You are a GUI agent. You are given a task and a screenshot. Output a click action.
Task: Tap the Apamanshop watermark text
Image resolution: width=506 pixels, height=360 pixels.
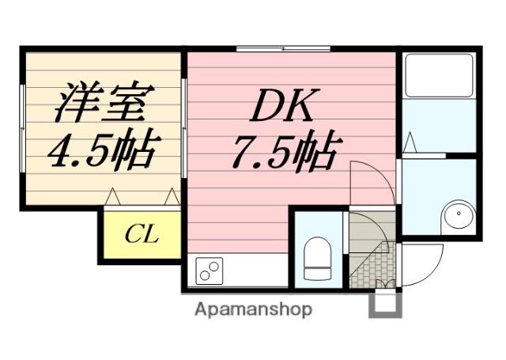coord(253,309)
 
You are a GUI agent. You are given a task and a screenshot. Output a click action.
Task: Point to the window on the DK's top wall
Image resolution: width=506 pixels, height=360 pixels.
coord(283,49)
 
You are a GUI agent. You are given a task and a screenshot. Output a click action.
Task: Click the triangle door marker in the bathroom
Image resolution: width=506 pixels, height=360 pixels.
coord(409,143)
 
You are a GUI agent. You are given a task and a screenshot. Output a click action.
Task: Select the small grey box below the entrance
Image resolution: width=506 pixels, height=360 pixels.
coord(385,304)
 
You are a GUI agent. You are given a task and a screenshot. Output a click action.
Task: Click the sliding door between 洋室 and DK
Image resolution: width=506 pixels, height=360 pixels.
coord(184,127)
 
